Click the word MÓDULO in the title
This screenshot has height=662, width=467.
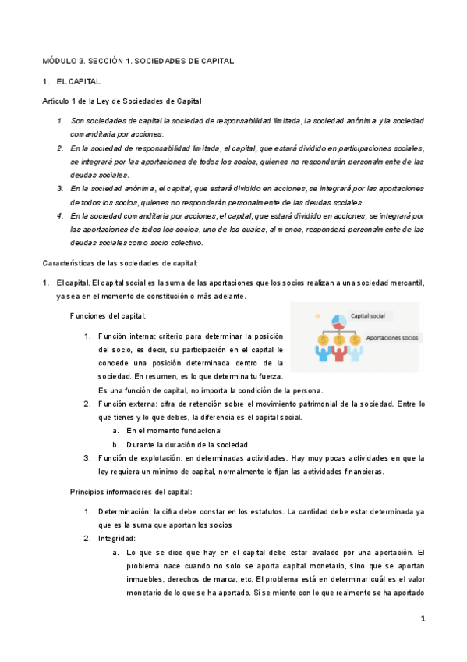pos(59,60)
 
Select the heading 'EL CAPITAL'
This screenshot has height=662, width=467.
pos(79,81)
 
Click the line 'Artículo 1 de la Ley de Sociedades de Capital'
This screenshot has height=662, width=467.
pos(122,101)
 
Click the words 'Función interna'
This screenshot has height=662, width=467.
pos(127,336)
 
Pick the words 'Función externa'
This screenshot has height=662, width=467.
pos(127,404)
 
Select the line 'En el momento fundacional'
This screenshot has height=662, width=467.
pos(174,430)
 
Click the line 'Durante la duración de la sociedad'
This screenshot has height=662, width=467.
pos(187,444)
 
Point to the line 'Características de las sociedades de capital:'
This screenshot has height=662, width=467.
pos(120,262)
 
